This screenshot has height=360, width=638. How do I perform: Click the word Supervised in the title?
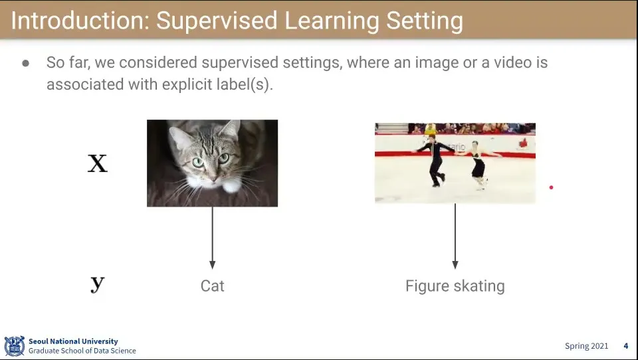(217, 21)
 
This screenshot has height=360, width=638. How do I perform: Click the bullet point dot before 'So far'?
(26, 63)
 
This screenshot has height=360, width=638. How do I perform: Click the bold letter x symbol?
(98, 163)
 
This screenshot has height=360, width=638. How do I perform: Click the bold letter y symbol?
(98, 283)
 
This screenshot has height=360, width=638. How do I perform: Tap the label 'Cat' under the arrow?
(213, 286)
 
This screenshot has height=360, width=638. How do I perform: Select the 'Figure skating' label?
(455, 286)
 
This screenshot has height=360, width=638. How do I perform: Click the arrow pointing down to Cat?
(212, 238)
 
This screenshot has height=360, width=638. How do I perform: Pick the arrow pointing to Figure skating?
(455, 236)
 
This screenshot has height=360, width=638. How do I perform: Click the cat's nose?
(213, 177)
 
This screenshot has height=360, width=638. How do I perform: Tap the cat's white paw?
(232, 186)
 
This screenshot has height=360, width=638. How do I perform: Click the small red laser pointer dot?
(551, 187)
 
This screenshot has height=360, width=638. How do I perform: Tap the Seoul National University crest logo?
(15, 346)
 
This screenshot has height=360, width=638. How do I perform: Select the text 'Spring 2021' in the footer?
(586, 346)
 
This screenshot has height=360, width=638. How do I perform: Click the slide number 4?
(626, 346)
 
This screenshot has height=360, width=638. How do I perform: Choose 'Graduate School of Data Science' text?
(82, 351)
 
